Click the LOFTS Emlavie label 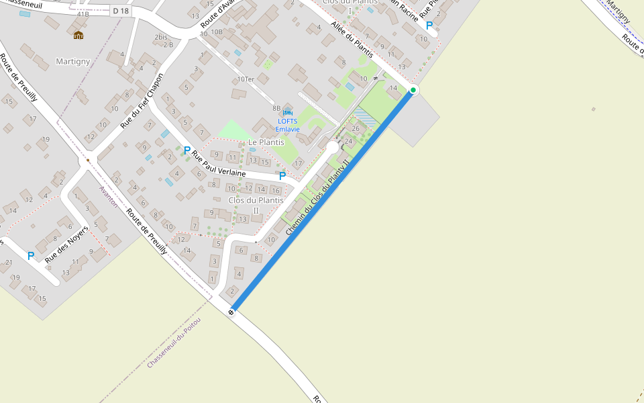286,125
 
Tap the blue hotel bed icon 288,111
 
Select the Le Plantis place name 266,142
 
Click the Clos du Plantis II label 256,205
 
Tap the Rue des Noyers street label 66,244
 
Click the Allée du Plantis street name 352,40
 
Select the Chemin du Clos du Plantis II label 318,197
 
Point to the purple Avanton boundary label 108,197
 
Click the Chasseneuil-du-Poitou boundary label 174,341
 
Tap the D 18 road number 121,11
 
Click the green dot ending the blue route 413,90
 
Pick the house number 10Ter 246,79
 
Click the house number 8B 276,107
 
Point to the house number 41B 83,13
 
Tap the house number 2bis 160,37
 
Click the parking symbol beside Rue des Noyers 30,256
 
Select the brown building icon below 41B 78,35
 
